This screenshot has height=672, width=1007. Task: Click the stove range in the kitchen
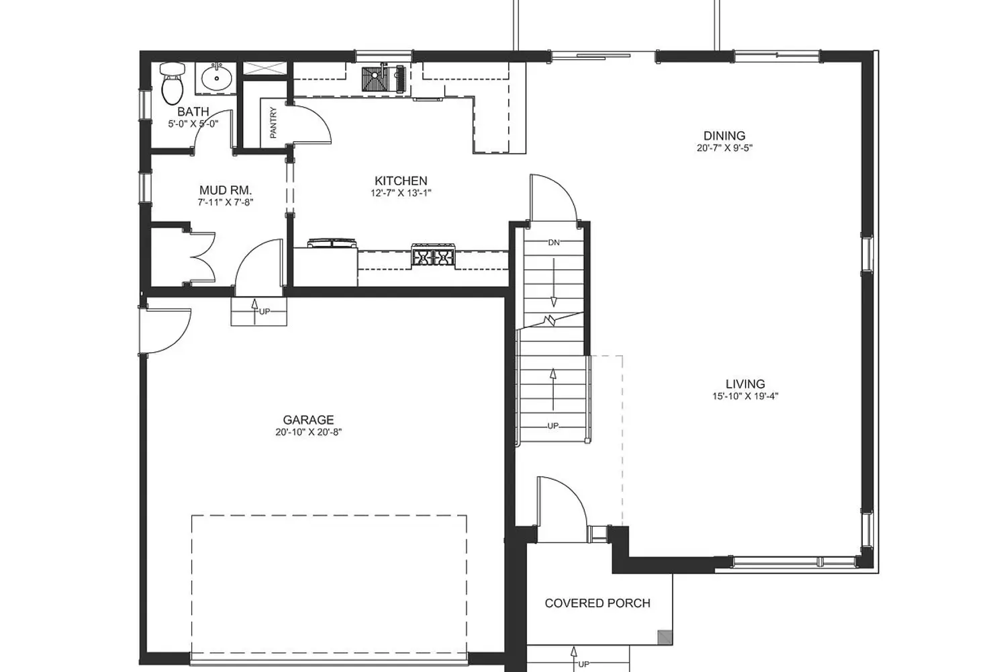[x=433, y=255]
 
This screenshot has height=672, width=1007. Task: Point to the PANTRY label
[x=273, y=122]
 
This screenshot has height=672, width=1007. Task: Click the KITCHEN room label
[x=401, y=181]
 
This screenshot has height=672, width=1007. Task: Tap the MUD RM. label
[x=226, y=190]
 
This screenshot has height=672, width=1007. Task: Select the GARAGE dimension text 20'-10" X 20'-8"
[x=309, y=433]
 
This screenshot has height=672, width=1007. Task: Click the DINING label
[x=724, y=136]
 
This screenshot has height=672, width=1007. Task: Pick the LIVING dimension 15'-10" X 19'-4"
[x=745, y=396]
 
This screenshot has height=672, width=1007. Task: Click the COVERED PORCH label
[x=597, y=603]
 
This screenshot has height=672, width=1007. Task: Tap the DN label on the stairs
[x=554, y=243]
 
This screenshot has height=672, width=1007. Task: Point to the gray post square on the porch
[x=665, y=637]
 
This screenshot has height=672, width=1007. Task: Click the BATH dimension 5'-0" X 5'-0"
[x=193, y=124]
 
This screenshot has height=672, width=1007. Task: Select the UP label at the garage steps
[x=265, y=311]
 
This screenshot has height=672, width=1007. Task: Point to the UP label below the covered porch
[x=583, y=665]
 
